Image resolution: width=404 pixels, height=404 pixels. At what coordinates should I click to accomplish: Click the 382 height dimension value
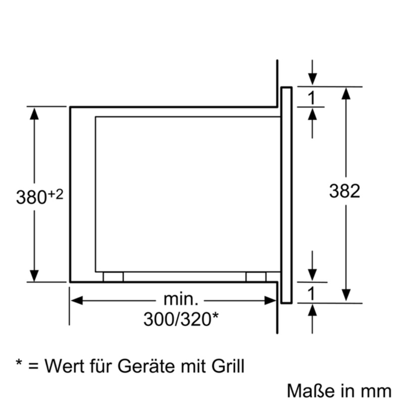click(344, 191)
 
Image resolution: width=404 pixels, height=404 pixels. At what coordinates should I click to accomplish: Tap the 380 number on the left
click(31, 197)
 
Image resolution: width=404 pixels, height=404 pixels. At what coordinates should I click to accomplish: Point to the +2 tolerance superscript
click(55, 194)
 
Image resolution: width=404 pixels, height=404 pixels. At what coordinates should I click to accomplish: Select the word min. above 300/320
click(181, 299)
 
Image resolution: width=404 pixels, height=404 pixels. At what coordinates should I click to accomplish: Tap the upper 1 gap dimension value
click(312, 97)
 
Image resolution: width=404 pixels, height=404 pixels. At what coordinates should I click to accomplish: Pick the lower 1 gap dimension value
click(312, 293)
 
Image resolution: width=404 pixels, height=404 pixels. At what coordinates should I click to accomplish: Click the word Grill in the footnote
click(228, 366)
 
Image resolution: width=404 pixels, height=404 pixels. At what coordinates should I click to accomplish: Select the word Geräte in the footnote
click(146, 366)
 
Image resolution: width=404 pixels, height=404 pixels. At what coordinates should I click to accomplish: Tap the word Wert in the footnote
click(65, 366)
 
